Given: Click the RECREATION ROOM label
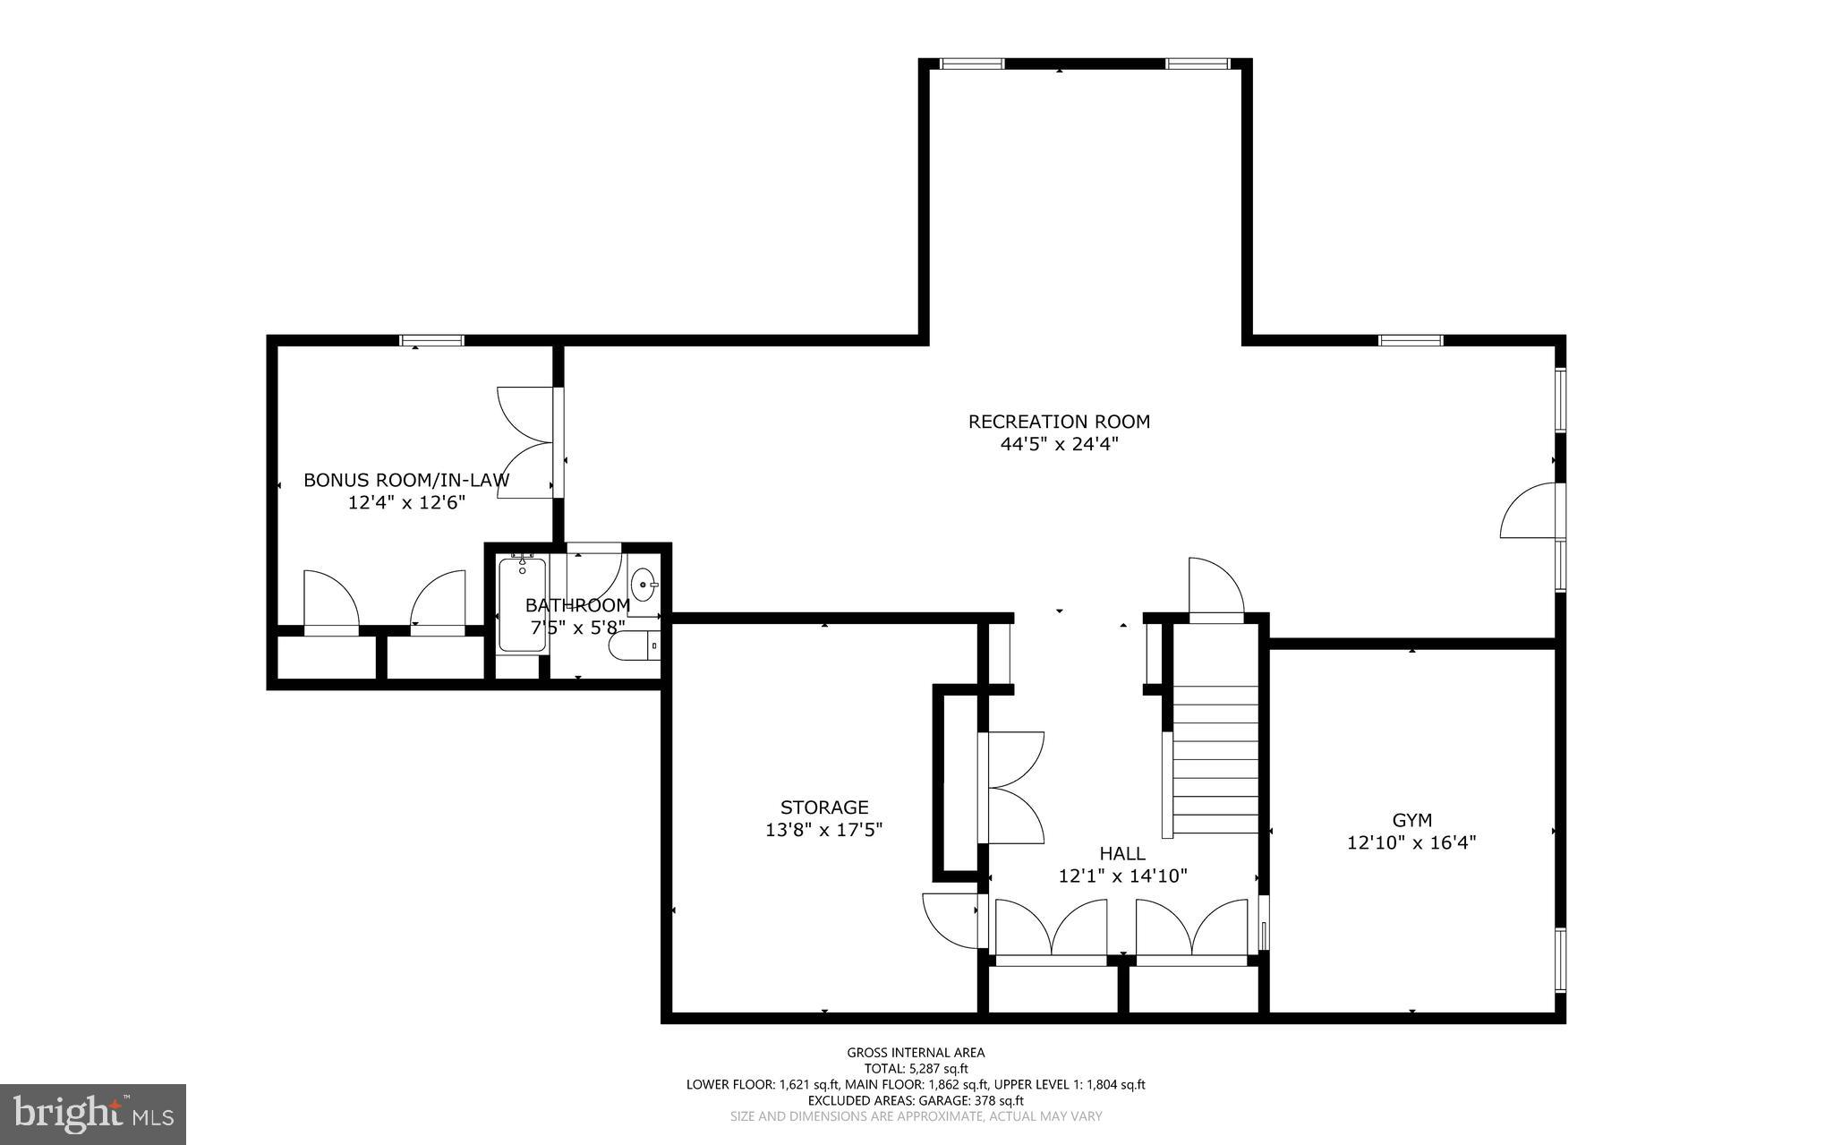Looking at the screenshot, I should (1059, 421).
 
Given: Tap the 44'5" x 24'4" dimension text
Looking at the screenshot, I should (1059, 444).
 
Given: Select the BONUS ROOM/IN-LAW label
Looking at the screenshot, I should (406, 480).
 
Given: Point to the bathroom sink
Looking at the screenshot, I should (644, 586).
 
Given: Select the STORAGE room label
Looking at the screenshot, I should (824, 807).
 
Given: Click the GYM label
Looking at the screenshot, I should (1411, 819).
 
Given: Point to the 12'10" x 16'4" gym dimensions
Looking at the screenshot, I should (1411, 842).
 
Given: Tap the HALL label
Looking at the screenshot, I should (1122, 853).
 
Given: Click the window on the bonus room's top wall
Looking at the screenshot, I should (431, 340).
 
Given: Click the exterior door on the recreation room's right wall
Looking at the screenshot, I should (1531, 511).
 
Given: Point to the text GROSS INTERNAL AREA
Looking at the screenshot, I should (916, 1053).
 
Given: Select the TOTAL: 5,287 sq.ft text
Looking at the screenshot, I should (916, 1068).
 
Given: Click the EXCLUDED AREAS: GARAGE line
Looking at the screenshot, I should (916, 1100).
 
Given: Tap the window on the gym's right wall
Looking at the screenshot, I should (1560, 959).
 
